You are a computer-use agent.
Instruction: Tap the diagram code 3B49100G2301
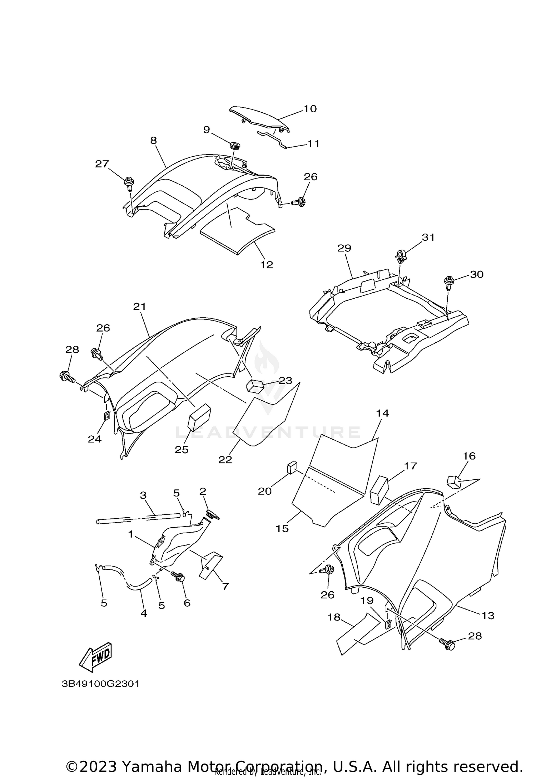100,684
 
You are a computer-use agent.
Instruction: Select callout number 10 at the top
310,109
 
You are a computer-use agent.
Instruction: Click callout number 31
428,237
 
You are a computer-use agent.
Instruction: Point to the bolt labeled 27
129,184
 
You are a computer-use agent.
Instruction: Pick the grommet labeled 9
234,146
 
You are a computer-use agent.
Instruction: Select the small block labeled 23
254,386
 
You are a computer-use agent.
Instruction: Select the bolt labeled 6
178,577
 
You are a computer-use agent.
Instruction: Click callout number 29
344,248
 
